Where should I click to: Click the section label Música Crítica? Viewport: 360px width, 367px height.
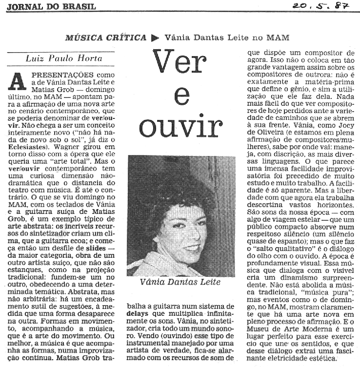105,37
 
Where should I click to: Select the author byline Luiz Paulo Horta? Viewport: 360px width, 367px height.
63,58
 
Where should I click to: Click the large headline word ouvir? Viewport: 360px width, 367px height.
181,126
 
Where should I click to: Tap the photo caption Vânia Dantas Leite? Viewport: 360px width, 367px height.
180,282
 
